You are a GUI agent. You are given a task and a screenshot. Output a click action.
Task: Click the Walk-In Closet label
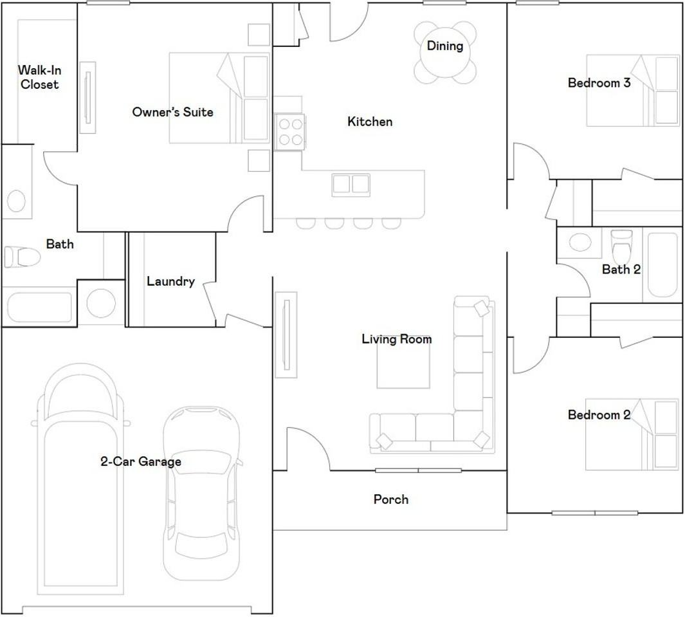click(39, 77)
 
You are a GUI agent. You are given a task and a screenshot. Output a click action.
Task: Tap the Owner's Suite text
click(172, 112)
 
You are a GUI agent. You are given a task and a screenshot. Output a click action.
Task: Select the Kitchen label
click(370, 122)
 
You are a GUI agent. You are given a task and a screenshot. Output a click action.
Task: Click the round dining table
click(444, 52)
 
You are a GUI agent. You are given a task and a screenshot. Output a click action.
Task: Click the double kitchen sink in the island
click(351, 185)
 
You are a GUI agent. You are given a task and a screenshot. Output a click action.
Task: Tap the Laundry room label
click(170, 281)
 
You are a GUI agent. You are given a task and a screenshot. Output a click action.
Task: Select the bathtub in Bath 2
click(662, 265)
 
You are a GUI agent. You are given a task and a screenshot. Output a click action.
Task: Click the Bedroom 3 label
click(599, 82)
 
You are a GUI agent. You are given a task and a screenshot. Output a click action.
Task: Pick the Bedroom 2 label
click(599, 414)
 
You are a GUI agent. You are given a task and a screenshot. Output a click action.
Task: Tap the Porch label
click(391, 499)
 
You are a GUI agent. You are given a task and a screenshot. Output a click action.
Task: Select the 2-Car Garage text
click(141, 461)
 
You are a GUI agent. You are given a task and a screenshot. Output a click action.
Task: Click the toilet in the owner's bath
click(22, 257)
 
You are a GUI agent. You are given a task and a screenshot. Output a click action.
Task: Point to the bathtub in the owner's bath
click(39, 308)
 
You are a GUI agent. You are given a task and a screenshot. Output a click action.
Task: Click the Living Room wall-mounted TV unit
click(286, 335)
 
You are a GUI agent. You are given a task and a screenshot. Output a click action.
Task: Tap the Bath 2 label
click(621, 269)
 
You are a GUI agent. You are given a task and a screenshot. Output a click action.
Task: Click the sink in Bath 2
click(580, 242)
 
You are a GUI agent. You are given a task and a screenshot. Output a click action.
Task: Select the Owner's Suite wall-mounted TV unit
click(88, 97)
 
